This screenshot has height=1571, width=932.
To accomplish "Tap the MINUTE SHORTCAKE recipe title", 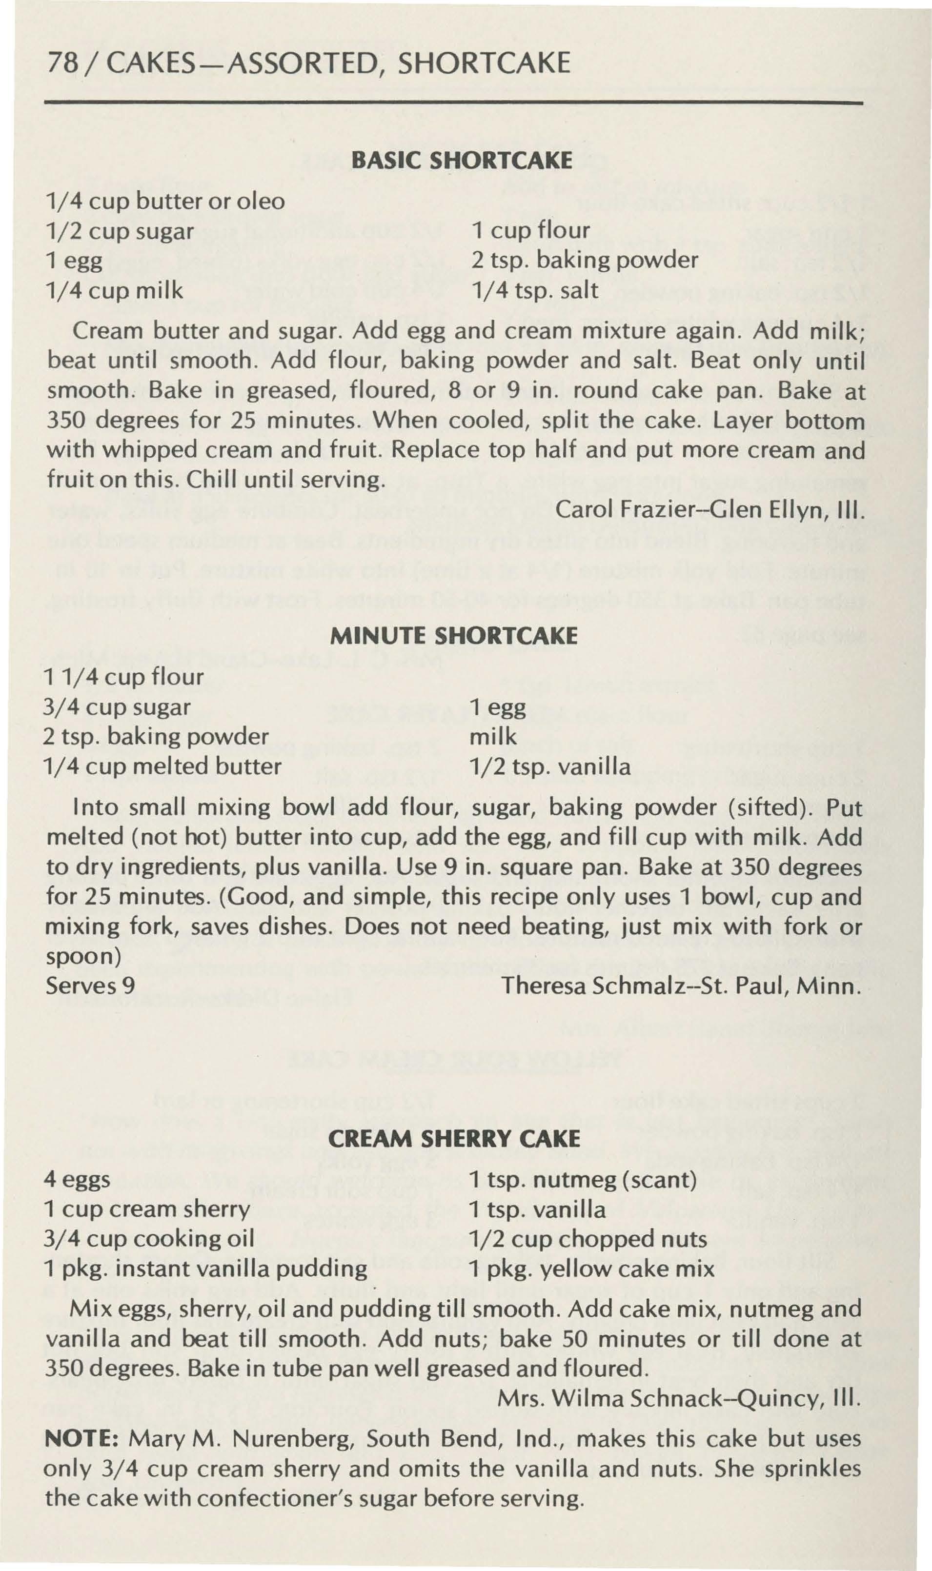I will [453, 636].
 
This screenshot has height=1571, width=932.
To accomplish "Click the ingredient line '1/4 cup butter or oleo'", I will [166, 201].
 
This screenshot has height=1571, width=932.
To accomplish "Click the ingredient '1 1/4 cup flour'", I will [124, 677].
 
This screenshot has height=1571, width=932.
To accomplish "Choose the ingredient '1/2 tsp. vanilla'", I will [550, 766].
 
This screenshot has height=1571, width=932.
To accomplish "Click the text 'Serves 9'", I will [90, 985].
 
